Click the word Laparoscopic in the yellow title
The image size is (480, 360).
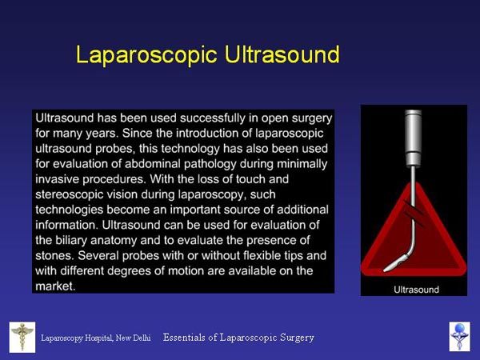(146, 55)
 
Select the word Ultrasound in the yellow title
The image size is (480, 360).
(282, 54)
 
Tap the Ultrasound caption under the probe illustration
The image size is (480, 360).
(416, 290)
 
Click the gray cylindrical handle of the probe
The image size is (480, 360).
(414, 138)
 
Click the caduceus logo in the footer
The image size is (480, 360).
(22, 337)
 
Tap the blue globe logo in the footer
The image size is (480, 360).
(459, 337)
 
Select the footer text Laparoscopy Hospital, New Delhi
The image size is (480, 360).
(96, 338)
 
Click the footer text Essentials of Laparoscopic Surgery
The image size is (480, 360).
(238, 338)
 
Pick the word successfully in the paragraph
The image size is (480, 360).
(213, 118)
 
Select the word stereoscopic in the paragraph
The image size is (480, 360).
(69, 194)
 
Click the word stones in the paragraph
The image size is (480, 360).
(54, 256)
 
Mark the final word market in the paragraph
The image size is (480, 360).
(55, 286)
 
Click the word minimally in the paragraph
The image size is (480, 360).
(302, 164)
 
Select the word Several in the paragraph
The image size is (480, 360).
(98, 256)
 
